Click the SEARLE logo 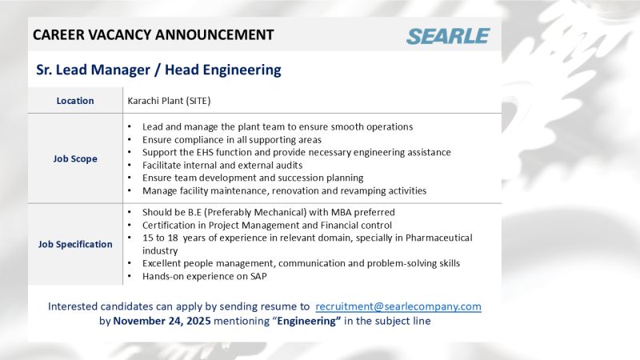447,36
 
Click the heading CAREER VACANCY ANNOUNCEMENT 153,34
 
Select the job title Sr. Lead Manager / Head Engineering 159,70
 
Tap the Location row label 75,101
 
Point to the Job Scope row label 75,158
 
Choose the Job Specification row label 75,244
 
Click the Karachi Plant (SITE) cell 169,101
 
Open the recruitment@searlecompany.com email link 398,306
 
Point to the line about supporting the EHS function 296,152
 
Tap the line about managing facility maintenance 284,190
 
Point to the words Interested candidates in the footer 98,306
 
